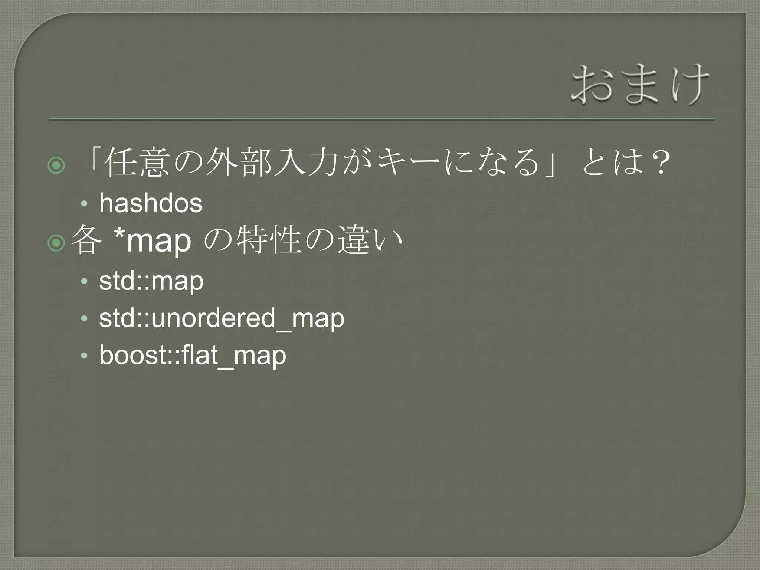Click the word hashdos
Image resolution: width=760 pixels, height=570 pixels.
(151, 203)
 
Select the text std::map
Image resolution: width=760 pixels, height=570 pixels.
(151, 281)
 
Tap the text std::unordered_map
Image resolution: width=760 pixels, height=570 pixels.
(222, 318)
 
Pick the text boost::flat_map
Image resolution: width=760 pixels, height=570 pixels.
(193, 356)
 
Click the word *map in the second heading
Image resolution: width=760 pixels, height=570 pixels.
(153, 241)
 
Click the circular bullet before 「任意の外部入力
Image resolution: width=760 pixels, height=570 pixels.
(56, 166)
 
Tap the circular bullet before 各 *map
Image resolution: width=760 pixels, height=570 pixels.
(56, 243)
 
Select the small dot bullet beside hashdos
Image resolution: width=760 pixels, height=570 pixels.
(84, 204)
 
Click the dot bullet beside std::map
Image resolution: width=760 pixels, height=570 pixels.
(84, 282)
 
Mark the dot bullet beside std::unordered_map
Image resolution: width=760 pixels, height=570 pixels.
(84, 319)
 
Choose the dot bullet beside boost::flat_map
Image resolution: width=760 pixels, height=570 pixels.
(84, 356)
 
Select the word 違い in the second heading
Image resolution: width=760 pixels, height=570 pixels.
(370, 241)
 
